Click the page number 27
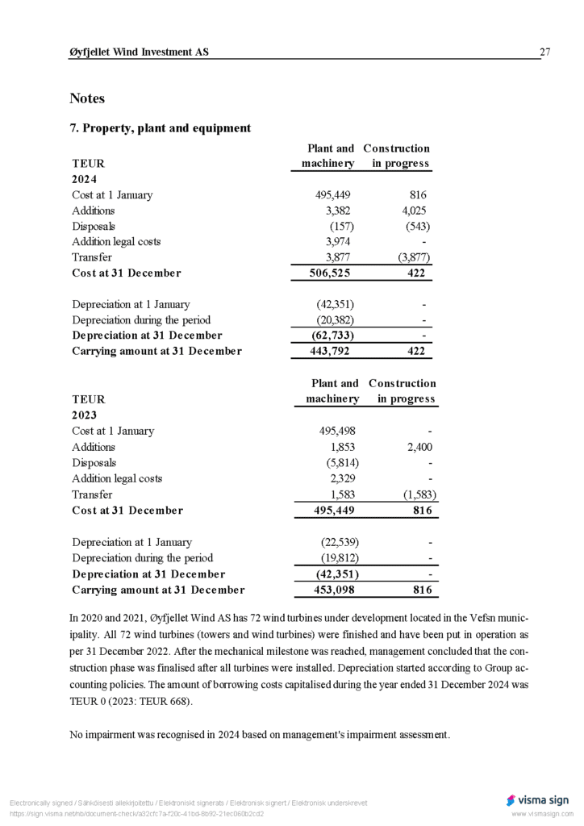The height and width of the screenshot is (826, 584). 544,52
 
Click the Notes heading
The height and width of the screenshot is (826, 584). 87,98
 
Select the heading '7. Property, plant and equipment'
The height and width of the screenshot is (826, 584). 161,128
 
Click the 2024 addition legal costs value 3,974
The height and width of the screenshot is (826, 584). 337,241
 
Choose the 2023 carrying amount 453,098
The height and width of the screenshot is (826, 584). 337,590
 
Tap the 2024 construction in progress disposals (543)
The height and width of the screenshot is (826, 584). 417,226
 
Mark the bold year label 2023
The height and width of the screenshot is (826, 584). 85,415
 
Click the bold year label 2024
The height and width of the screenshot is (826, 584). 85,179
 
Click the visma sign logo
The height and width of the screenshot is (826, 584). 537,800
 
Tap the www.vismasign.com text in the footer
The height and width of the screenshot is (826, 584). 540,815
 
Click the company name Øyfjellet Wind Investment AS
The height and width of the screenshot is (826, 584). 139,52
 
